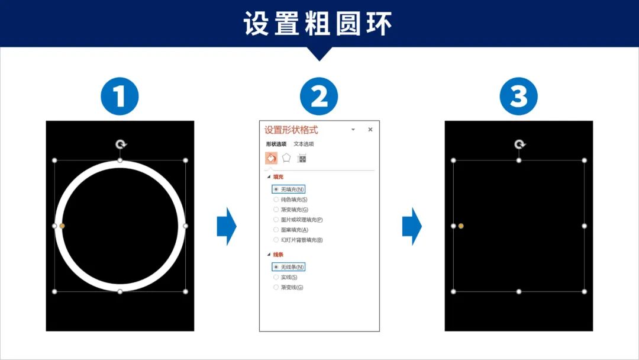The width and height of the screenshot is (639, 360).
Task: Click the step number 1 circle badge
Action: [120, 96]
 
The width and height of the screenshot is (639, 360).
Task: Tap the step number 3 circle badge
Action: [518, 96]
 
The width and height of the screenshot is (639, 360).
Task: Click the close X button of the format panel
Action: [370, 129]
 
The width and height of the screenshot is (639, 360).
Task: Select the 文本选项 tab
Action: [304, 144]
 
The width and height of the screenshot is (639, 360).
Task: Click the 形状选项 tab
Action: [276, 144]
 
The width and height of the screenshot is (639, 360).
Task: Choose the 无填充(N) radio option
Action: [276, 189]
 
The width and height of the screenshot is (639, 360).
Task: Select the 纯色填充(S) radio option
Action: [276, 200]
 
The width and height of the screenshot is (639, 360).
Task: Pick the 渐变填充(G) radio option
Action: [276, 210]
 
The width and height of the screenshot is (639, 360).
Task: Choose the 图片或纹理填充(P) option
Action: [276, 220]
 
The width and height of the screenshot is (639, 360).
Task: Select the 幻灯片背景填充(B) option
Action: [276, 240]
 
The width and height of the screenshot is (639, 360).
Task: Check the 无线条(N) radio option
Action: [276, 267]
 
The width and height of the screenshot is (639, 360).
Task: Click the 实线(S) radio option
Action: [276, 277]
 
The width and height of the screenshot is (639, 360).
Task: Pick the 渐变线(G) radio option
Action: [276, 287]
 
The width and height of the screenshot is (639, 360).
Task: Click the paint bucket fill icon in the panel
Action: [271, 158]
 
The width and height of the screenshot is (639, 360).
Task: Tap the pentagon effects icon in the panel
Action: [286, 158]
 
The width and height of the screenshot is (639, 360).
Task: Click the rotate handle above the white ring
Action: [120, 144]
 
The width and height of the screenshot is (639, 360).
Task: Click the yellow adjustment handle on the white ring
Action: [62, 226]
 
